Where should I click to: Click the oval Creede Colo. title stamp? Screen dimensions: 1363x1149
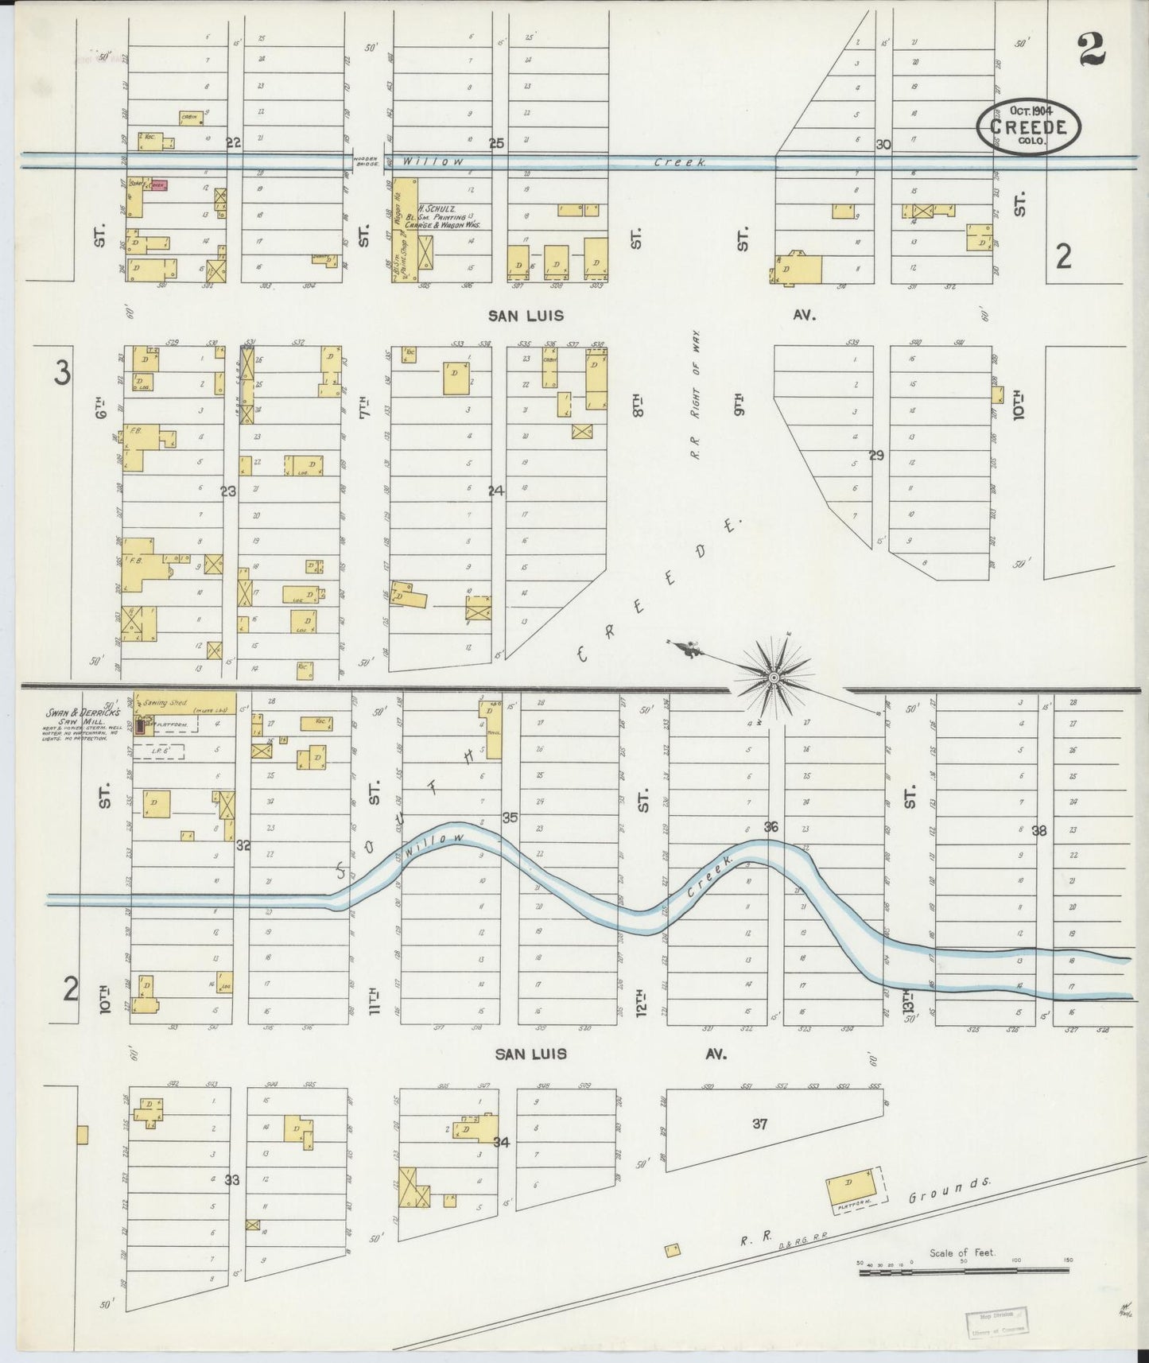(x=1029, y=126)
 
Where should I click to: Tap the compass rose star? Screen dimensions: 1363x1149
(x=772, y=677)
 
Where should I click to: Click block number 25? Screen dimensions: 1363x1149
(x=496, y=144)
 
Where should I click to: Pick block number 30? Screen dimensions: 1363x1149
(x=883, y=145)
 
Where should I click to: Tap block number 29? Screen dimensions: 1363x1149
(x=876, y=456)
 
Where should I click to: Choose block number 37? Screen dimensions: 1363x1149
(x=760, y=1124)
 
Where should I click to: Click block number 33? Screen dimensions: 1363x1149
(x=231, y=1180)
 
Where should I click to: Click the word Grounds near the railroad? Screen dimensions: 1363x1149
(x=949, y=1191)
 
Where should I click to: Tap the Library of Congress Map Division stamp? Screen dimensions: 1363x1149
(x=996, y=1321)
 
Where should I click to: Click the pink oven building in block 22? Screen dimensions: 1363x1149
(x=157, y=185)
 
